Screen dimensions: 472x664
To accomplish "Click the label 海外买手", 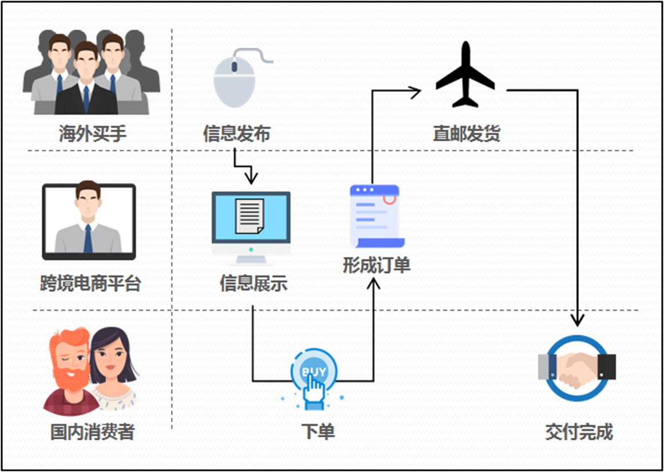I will coord(92,134).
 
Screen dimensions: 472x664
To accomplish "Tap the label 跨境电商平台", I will coord(90,283).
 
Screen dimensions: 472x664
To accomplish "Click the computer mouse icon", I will coord(234,80).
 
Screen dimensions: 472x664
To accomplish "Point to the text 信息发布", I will coord(236,134).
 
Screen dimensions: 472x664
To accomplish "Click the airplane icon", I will coord(465,75).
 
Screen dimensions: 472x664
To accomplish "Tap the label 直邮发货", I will coord(466,134).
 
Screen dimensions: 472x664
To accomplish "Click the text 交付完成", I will coord(579,432).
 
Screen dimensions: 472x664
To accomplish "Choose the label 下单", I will coord(318,432).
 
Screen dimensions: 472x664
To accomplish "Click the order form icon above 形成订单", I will coord(376,216).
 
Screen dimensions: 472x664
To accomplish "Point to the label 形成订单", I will coord(376,266).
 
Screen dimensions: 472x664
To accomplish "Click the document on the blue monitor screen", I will coord(250,215).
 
